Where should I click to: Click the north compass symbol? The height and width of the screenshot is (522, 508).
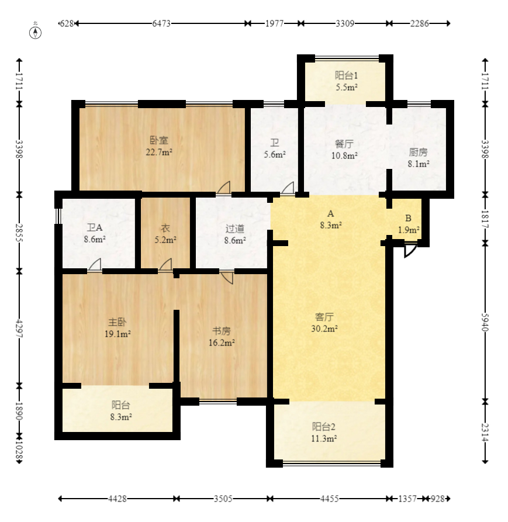pyautogui.click(x=36, y=32)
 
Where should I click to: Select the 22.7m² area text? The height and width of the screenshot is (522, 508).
pyautogui.click(x=158, y=152)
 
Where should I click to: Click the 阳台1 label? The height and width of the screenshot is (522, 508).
pyautogui.click(x=346, y=75)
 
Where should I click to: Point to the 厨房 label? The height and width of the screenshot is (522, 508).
pyautogui.click(x=418, y=153)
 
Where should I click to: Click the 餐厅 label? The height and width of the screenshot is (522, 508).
pyautogui.click(x=344, y=144)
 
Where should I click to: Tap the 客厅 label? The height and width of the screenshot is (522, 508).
pyautogui.click(x=324, y=317)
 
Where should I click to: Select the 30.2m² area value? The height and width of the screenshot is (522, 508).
pyautogui.click(x=324, y=329)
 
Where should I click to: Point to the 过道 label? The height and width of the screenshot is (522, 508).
pyautogui.click(x=235, y=229)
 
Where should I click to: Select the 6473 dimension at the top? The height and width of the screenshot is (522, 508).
pyautogui.click(x=161, y=24)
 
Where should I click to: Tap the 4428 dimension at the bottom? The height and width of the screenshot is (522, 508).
pyautogui.click(x=118, y=499)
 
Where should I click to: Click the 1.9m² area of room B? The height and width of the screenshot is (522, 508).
pyautogui.click(x=409, y=230)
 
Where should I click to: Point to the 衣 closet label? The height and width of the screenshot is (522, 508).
pyautogui.click(x=165, y=229)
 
